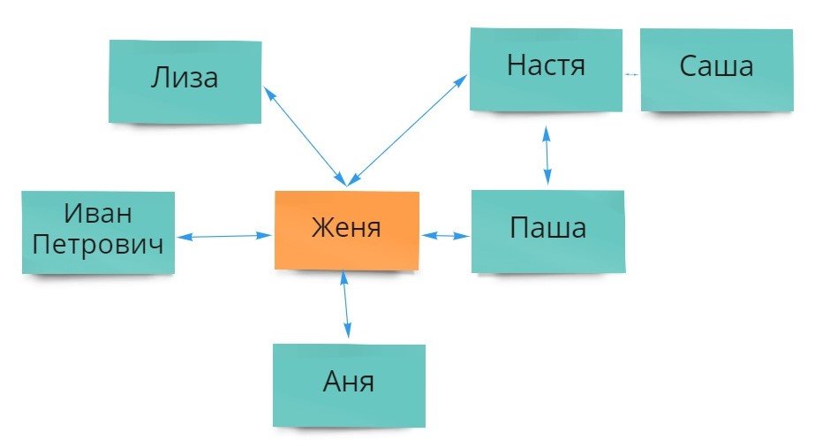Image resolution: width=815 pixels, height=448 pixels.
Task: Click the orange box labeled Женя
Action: [x=346, y=229]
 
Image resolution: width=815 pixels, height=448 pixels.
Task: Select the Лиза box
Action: [x=185, y=80]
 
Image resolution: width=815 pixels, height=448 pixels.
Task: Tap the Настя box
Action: [x=546, y=67]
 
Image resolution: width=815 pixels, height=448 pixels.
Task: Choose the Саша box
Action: [x=716, y=67]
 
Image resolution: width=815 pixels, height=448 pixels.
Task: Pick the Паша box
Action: [x=547, y=230]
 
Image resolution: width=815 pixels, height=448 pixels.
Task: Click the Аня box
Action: [x=349, y=383]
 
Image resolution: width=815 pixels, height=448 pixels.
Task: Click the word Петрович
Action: [x=98, y=243]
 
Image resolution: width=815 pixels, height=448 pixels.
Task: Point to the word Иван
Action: [x=98, y=214]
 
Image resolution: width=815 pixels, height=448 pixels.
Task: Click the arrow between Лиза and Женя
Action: [x=306, y=133]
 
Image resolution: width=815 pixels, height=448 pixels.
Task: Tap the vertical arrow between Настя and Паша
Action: [x=547, y=156]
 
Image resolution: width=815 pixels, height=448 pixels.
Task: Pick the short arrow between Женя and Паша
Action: [x=445, y=236]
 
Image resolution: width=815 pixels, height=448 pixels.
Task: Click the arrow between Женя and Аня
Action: [x=346, y=305]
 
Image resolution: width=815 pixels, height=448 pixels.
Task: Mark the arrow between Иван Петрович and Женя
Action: [x=224, y=236]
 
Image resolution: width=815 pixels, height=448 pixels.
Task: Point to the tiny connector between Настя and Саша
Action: [x=631, y=74]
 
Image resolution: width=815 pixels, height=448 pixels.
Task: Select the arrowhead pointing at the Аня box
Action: [x=349, y=334]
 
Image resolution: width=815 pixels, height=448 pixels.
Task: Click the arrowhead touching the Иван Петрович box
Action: [x=181, y=237]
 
